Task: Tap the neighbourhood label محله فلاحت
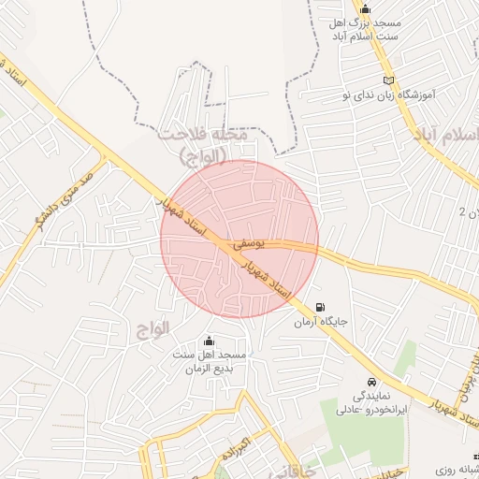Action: coord(203,135)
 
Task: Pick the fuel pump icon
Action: coord(321,307)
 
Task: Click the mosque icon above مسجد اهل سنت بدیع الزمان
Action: coord(208,341)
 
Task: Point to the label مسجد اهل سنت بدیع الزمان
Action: coord(208,362)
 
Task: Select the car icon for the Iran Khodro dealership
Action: coord(372,383)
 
